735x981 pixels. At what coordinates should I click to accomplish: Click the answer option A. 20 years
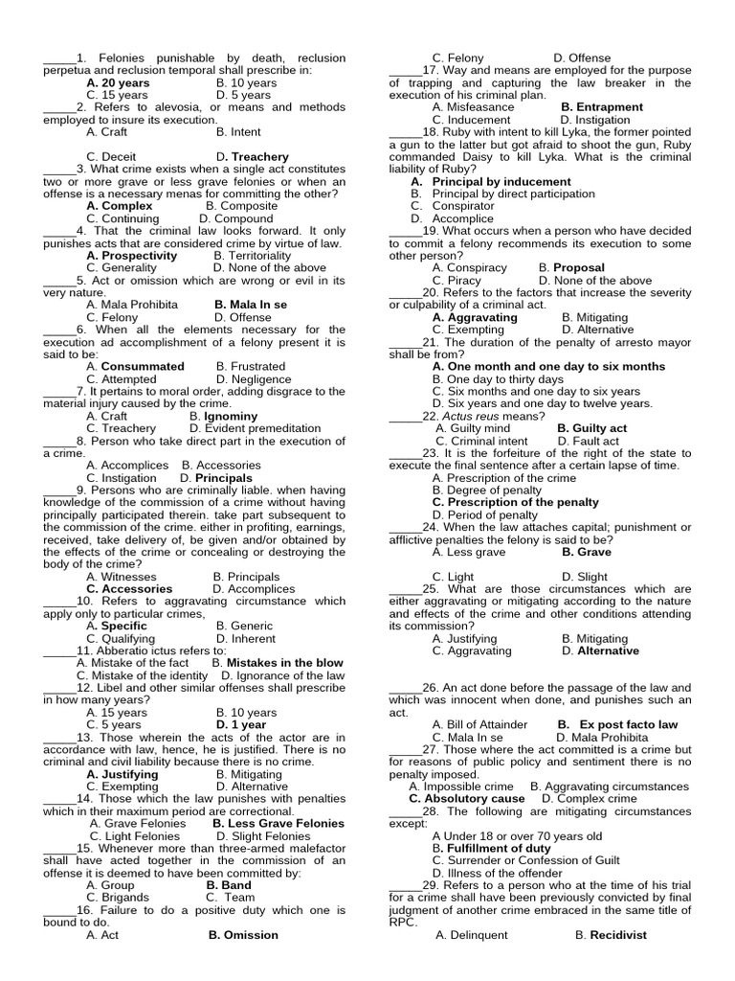point(118,83)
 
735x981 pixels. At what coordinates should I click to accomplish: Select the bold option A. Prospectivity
point(131,256)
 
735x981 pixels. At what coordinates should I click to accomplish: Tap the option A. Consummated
point(135,366)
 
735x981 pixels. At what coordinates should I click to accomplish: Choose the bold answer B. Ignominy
point(224,417)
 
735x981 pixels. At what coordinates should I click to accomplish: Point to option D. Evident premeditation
point(256,428)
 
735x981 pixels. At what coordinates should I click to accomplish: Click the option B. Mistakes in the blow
point(278,663)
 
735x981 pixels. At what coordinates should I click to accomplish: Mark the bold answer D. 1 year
point(241,725)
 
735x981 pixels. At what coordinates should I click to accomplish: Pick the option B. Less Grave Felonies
point(278,823)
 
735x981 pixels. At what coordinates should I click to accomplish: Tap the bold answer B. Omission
point(243,935)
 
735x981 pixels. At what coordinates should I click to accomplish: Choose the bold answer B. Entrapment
point(602,107)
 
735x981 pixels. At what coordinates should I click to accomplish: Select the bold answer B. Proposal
point(571,268)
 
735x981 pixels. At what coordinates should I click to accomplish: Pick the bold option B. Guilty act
point(592,429)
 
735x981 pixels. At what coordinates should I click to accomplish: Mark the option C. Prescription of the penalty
point(516,502)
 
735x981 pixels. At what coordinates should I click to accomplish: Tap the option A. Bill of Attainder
point(479,725)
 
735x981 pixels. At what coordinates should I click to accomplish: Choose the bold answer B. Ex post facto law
point(617,725)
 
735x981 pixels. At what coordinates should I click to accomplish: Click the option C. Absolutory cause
point(467,799)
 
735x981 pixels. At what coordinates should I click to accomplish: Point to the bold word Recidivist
point(618,935)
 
